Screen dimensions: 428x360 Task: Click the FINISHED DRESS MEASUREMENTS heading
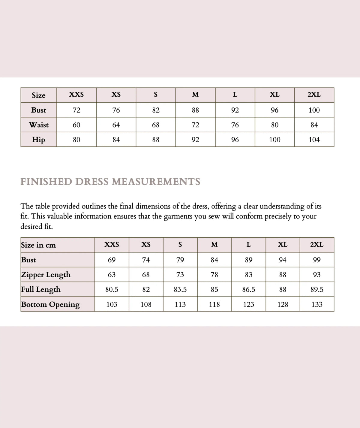click(110, 182)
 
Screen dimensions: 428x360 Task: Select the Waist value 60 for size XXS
click(76, 125)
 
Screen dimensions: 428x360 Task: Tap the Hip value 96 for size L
click(235, 140)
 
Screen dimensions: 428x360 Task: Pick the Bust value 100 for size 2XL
click(314, 110)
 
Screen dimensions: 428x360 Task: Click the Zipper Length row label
click(46, 275)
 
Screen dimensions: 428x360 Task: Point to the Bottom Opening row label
click(50, 304)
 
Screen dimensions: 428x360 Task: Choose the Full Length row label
click(41, 289)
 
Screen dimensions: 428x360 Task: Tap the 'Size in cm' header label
click(38, 245)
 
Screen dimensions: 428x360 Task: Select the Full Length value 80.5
click(112, 289)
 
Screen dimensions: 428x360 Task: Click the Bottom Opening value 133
click(317, 304)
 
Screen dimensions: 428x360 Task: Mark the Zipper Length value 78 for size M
click(214, 275)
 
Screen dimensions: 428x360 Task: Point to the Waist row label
click(39, 125)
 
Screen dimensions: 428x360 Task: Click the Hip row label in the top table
click(39, 140)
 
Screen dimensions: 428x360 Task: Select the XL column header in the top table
click(274, 95)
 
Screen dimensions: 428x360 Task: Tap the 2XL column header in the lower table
click(317, 245)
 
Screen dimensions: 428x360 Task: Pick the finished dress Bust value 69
click(112, 260)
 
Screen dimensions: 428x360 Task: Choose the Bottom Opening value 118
click(214, 304)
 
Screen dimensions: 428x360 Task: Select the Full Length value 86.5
click(248, 289)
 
